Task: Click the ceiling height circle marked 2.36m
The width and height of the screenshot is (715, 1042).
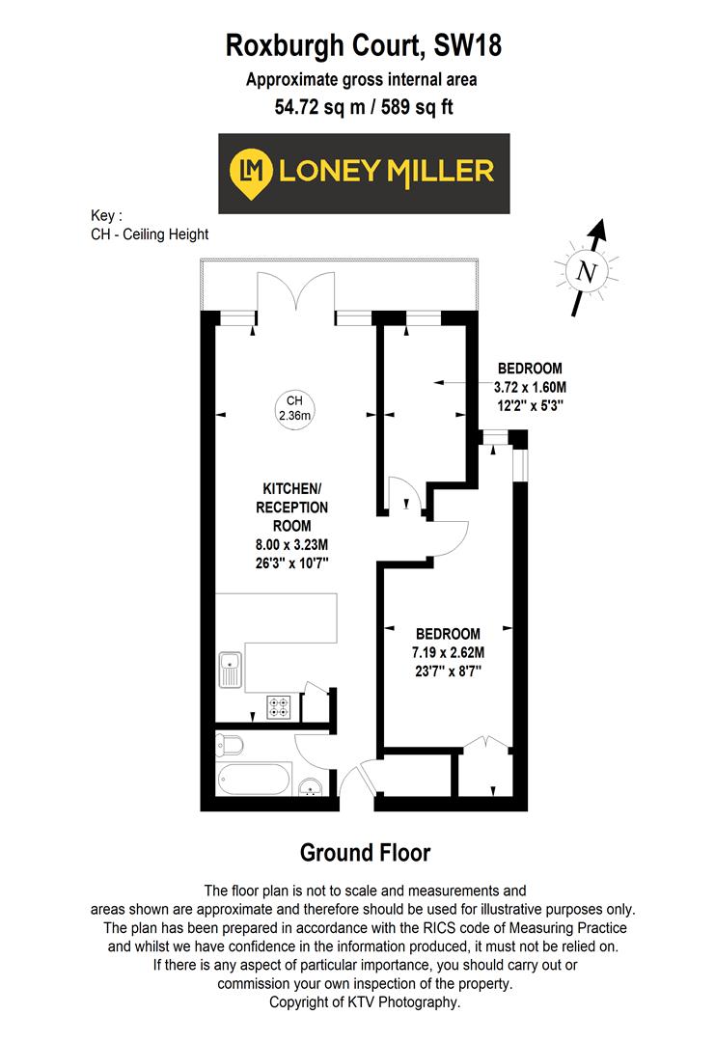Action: pos(294,408)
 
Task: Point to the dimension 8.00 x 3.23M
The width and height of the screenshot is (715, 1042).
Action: pos(290,545)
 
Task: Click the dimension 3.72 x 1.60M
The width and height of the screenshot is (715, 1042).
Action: pos(529,387)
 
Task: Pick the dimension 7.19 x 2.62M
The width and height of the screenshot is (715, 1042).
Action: pos(449,651)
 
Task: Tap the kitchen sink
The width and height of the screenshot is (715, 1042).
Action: pos(231,671)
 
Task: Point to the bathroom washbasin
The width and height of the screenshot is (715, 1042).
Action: pos(312,788)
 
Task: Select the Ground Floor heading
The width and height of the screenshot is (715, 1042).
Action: pos(365,853)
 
